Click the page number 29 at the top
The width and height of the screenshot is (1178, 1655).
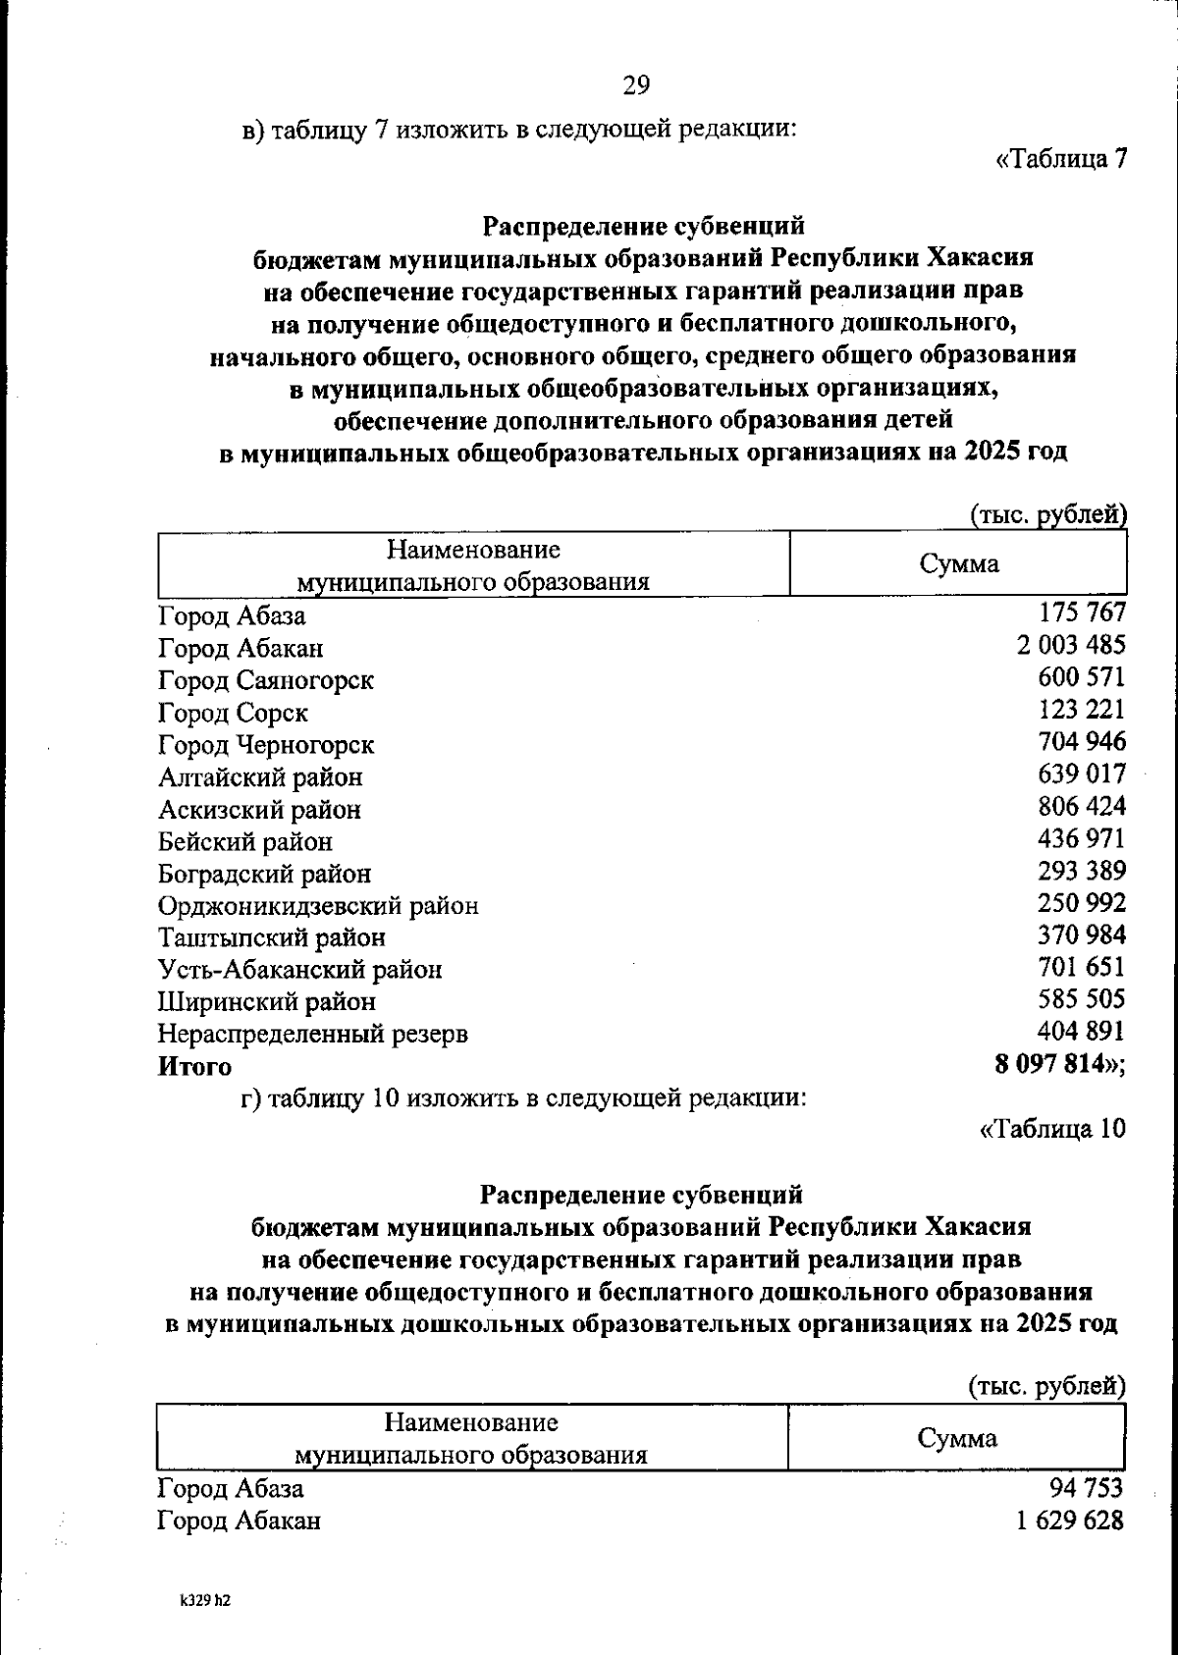(635, 86)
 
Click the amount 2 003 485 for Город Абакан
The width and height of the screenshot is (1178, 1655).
(1071, 645)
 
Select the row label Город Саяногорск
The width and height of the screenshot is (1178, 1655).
(266, 680)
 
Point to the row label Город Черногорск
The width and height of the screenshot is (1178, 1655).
(266, 745)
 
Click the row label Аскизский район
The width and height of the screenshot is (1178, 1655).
(259, 810)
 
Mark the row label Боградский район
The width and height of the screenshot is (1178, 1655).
(265, 874)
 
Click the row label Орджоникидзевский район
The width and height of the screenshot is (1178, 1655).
(318, 906)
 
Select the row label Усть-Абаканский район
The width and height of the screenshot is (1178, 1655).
(300, 970)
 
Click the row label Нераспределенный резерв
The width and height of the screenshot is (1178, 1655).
(313, 1034)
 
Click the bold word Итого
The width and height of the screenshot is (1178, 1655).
(195, 1066)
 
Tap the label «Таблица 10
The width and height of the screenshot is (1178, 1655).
(1052, 1129)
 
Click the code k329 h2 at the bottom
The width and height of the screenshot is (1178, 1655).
(204, 1599)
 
